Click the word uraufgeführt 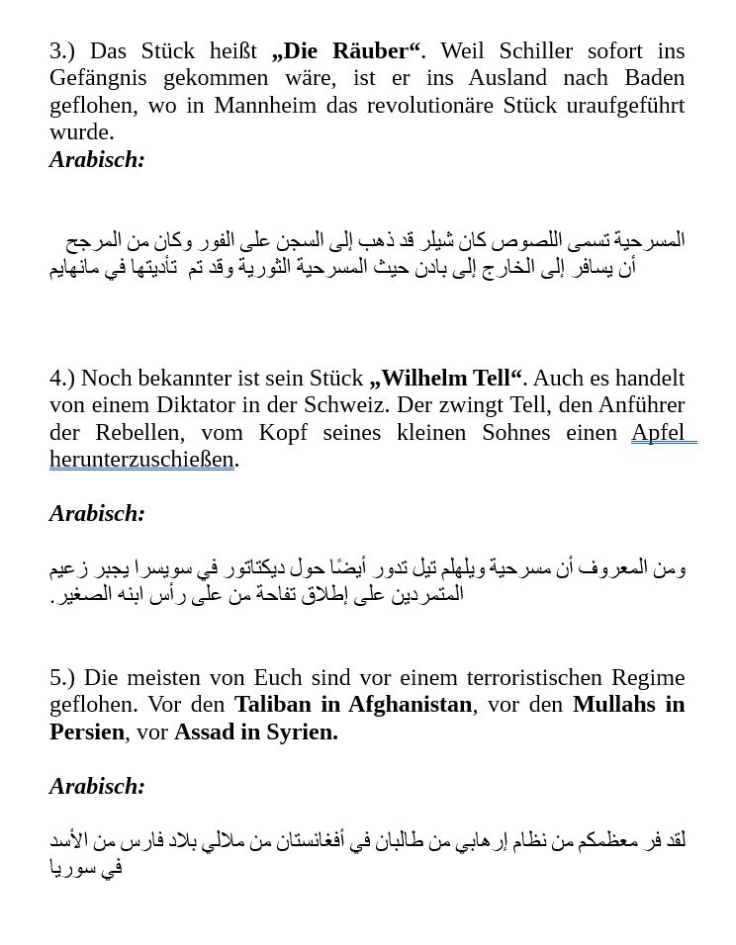(x=618, y=105)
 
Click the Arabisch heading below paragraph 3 (x=97, y=159)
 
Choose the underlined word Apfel (x=658, y=432)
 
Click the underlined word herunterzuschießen (x=141, y=459)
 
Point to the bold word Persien (x=87, y=731)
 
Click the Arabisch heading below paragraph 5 (x=97, y=786)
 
